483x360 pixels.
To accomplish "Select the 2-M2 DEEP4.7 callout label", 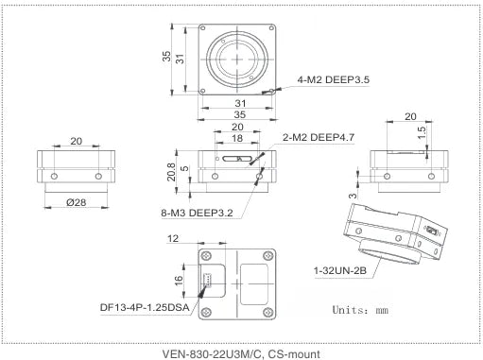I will coord(319,138).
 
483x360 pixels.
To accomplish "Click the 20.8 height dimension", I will coord(172,171).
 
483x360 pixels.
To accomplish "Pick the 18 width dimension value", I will coord(237,138).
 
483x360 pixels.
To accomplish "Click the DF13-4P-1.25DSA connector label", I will coord(143,307).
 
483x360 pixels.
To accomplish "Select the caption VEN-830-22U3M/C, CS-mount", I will coord(241,351).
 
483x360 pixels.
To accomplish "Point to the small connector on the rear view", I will coord(209,278).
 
